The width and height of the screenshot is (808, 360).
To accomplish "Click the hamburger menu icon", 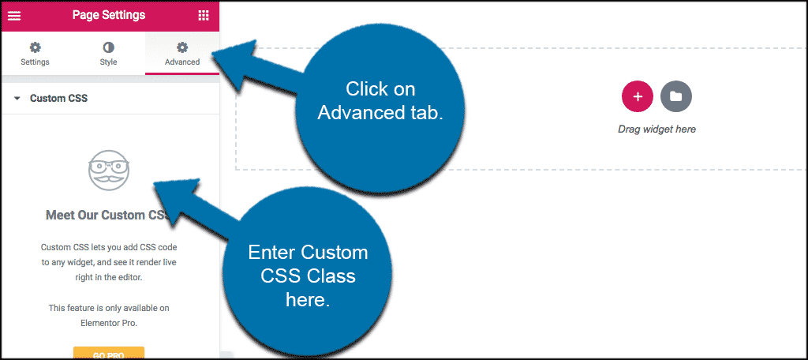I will (14, 15).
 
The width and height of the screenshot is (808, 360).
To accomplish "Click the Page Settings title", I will (109, 15).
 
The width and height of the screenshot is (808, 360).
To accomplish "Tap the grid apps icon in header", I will (203, 15).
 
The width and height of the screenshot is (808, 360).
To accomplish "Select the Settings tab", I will (35, 54).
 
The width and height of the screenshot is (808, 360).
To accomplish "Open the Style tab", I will (108, 54).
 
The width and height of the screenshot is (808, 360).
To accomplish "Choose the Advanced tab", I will (181, 54).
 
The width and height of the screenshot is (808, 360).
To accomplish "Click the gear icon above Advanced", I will (182, 47).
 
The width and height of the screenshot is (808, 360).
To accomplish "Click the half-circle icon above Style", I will (108, 47).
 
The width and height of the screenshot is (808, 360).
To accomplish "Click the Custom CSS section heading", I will (58, 99).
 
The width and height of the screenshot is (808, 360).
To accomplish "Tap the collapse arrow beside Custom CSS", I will (17, 99).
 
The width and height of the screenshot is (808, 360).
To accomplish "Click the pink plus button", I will (638, 96).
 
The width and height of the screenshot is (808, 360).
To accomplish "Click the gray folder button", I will (675, 96).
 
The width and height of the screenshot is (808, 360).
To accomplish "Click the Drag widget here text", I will (656, 129).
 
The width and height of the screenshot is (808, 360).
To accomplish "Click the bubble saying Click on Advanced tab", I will (381, 100).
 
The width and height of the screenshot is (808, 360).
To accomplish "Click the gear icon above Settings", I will (35, 47).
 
